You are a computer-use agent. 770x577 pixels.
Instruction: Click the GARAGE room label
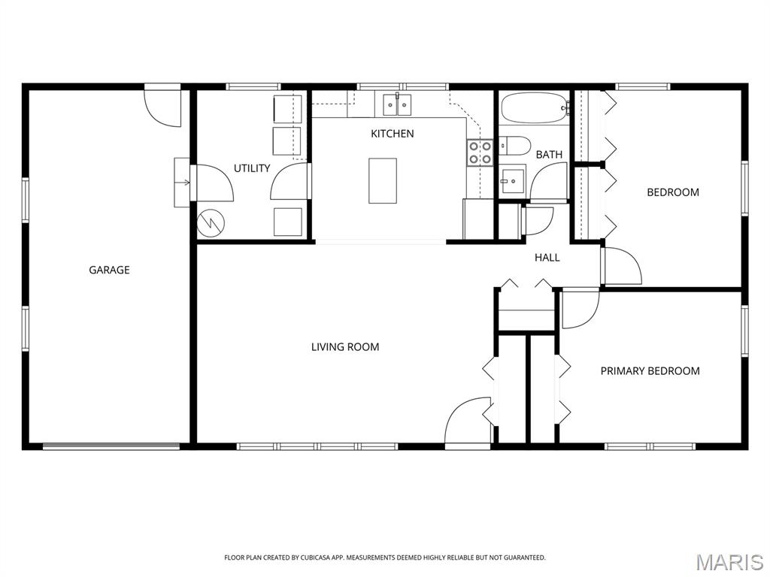109,270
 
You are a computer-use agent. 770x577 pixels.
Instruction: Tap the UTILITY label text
252,168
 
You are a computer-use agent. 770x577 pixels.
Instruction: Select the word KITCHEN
393,134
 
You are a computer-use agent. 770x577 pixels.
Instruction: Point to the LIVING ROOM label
345,347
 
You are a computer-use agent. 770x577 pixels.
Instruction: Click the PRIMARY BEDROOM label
650,371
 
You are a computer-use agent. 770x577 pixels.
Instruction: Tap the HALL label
547,258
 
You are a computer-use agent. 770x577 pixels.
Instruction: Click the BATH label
549,155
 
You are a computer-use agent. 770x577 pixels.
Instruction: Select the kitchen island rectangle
383,180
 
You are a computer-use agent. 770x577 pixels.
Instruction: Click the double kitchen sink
397,104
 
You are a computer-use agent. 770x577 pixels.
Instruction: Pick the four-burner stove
480,153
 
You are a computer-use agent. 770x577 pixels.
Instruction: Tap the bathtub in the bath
535,108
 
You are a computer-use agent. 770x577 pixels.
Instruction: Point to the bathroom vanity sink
512,182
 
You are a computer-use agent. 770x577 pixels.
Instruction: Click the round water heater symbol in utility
211,224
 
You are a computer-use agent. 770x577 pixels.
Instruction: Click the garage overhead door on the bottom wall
111,446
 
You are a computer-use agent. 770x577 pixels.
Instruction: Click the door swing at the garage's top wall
162,107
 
